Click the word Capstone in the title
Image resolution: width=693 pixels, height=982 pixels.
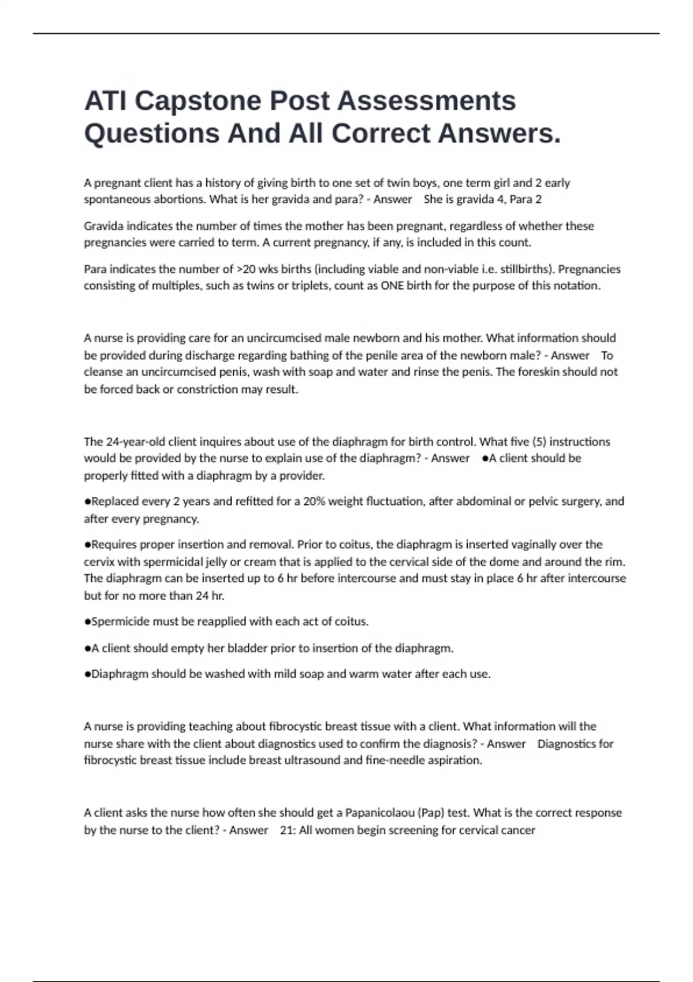coord(199,101)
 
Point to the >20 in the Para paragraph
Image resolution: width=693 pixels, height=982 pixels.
coord(250,269)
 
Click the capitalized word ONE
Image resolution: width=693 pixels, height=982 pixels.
coord(392,286)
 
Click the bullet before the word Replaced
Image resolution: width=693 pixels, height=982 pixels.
coord(87,501)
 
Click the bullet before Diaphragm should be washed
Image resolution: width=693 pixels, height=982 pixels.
coord(87,674)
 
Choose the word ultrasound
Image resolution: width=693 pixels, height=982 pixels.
coord(311,760)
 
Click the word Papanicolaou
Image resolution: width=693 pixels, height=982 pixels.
coord(378,813)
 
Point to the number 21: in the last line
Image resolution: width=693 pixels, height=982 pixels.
coord(288,830)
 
